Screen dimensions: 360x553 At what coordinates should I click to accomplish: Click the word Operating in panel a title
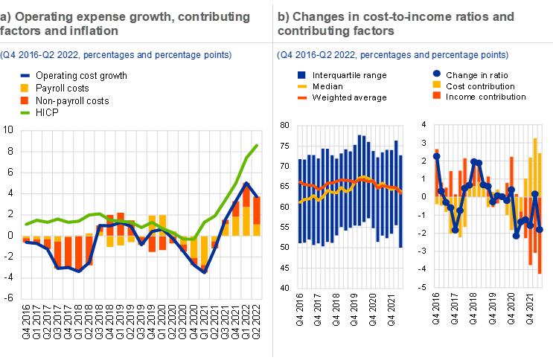tap(42, 16)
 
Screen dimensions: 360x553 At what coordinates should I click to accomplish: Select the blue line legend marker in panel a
tap(25, 76)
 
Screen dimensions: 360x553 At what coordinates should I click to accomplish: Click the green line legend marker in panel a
tap(25, 112)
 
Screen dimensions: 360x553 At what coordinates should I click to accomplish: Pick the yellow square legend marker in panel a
tap(25, 88)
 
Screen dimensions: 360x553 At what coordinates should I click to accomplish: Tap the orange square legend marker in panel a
tap(25, 100)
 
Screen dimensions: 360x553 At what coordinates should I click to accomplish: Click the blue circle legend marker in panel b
tap(437, 73)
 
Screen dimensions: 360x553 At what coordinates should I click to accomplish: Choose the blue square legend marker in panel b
tap(302, 75)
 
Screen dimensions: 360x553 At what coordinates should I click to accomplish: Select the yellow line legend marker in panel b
tap(302, 87)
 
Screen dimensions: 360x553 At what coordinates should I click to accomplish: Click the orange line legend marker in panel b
tap(302, 97)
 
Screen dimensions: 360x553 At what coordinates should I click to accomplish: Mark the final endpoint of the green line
tap(257, 146)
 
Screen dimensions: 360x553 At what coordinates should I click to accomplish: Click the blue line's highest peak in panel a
tap(246, 183)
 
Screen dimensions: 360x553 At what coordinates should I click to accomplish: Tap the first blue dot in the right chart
tap(437, 156)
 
